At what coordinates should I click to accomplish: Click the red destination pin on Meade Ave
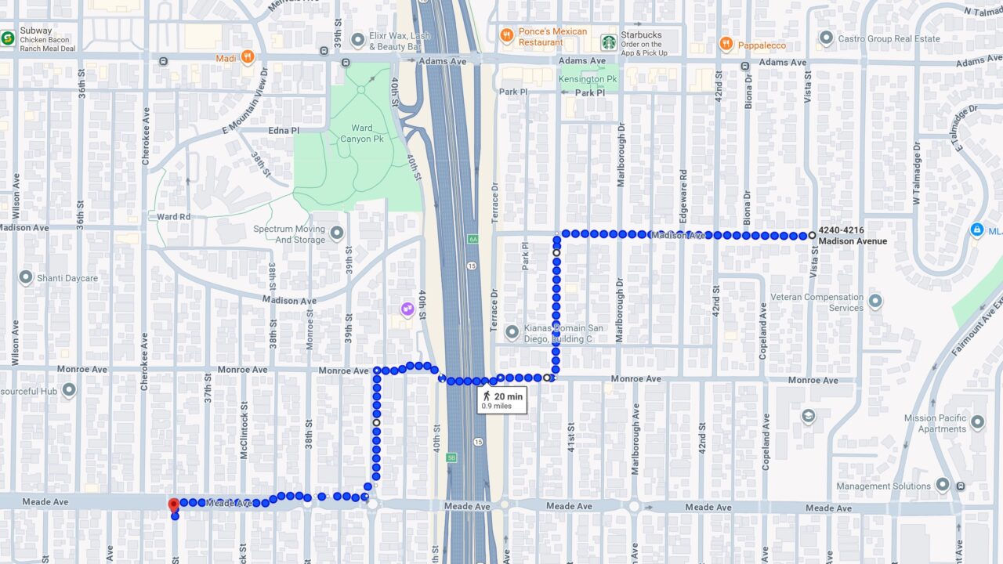click(x=173, y=504)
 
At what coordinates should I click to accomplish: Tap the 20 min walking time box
click(x=502, y=400)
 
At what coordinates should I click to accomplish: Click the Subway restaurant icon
click(x=8, y=37)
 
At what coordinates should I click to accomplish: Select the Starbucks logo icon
click(x=609, y=42)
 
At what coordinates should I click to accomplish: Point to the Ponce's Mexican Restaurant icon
click(x=506, y=36)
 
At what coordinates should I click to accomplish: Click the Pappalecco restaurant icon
click(x=726, y=45)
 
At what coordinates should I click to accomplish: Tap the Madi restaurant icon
click(x=248, y=56)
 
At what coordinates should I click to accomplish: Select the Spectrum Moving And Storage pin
click(x=337, y=233)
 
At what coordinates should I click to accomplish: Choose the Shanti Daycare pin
click(x=26, y=278)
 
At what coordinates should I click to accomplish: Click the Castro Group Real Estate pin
click(x=825, y=38)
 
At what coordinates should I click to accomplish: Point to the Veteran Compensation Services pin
click(x=875, y=302)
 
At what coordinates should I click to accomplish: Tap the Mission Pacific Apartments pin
click(x=977, y=423)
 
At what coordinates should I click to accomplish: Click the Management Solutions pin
click(x=943, y=486)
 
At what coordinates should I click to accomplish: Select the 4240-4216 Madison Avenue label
click(x=852, y=236)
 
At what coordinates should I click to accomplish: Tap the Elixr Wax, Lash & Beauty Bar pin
click(x=357, y=40)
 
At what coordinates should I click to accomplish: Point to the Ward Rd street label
click(x=173, y=217)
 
